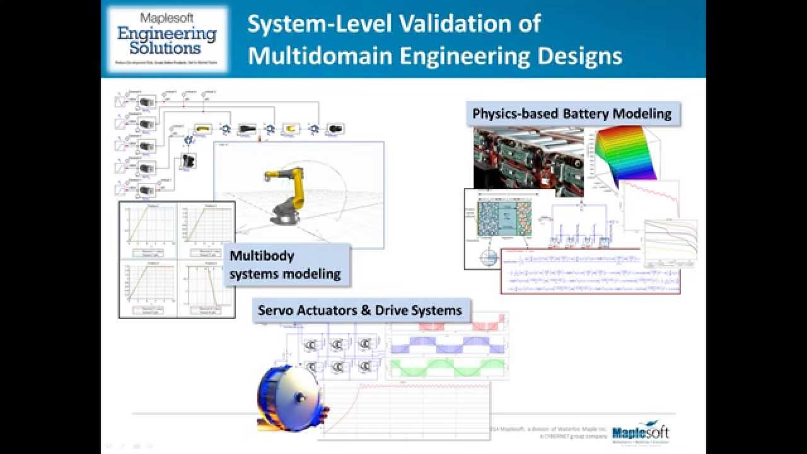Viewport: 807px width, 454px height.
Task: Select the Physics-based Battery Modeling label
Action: point(572,114)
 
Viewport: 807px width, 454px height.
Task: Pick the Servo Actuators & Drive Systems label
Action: point(360,310)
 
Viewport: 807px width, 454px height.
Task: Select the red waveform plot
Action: point(448,322)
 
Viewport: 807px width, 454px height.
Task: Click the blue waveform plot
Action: point(448,345)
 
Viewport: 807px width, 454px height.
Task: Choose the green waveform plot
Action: point(448,368)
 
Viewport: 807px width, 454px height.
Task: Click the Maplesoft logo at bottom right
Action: point(641,433)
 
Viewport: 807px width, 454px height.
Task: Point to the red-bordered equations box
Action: point(591,271)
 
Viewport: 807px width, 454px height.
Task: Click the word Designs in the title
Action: point(579,56)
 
